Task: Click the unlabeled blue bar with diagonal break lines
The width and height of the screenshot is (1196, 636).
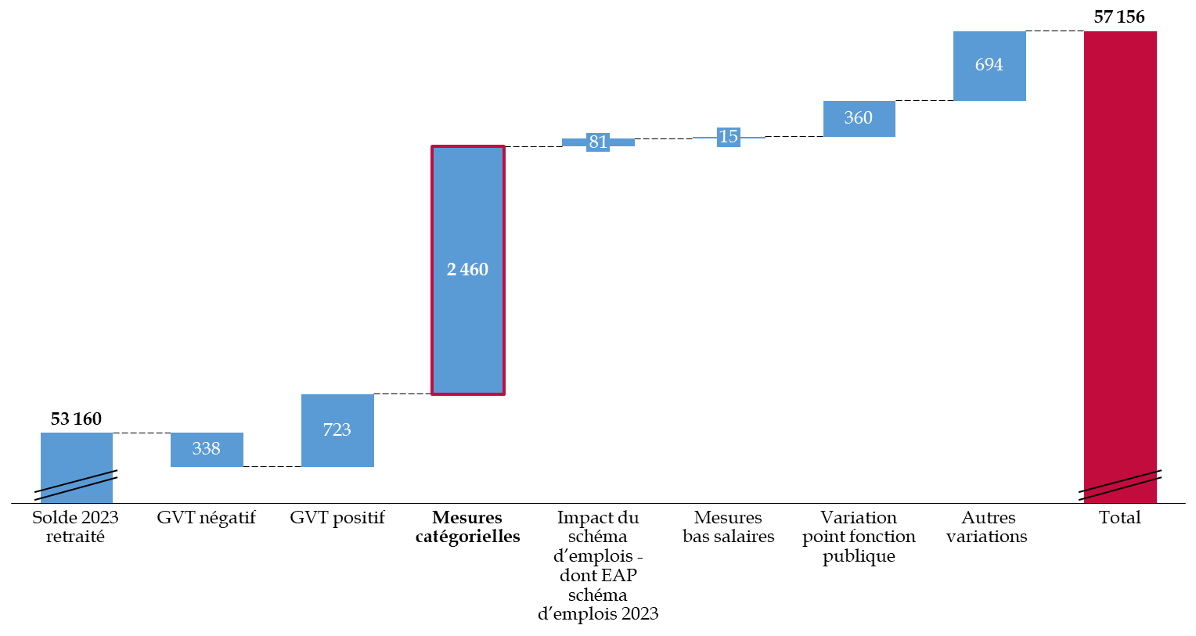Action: tap(77, 454)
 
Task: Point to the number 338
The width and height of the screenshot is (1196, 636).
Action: tap(207, 449)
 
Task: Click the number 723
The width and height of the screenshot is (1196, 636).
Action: tap(337, 430)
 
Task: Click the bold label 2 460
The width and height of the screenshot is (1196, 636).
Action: tap(468, 270)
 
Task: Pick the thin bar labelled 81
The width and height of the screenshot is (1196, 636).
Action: tap(622, 142)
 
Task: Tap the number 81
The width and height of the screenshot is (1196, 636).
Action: tap(598, 142)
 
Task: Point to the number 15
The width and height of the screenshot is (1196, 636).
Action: tap(729, 137)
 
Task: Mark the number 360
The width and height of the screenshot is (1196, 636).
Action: tap(859, 118)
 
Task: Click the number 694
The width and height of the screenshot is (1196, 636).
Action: tap(989, 65)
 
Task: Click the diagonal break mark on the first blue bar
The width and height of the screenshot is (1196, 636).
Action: tap(77, 485)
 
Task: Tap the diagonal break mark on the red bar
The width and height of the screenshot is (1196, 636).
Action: tap(1120, 485)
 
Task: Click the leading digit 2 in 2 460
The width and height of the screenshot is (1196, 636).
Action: tap(452, 270)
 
